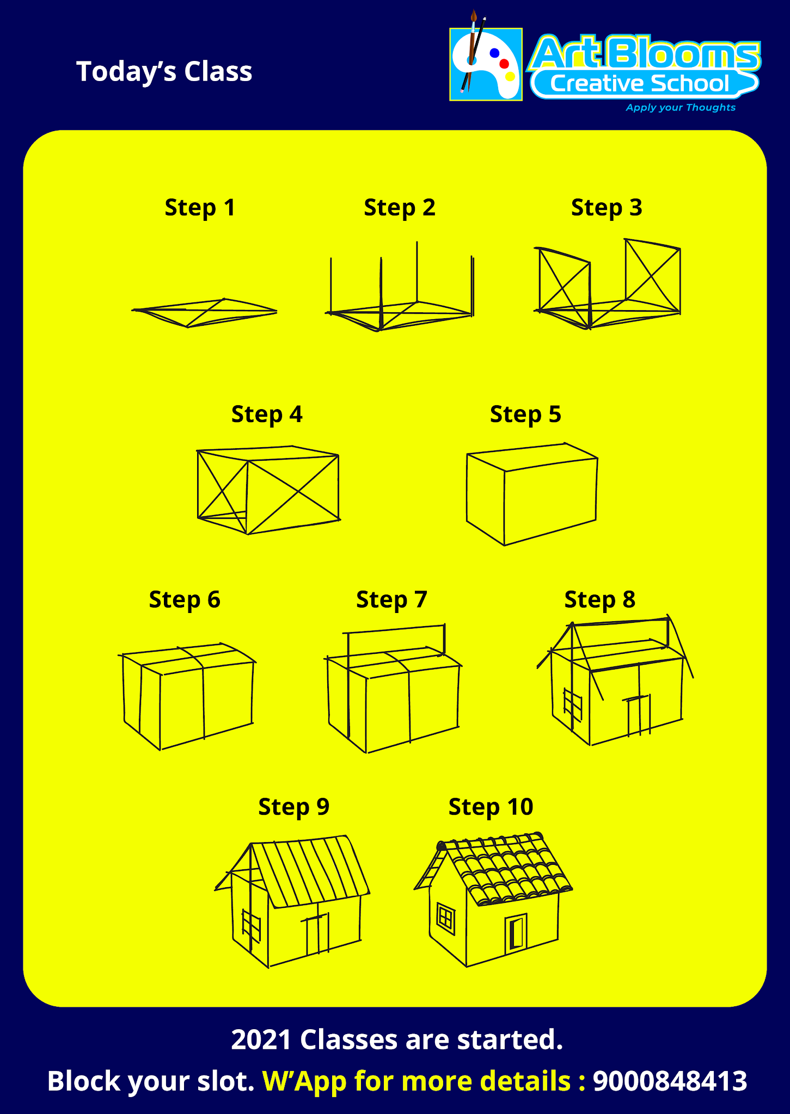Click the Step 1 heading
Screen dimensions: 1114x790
200,208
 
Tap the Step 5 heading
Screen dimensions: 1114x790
525,414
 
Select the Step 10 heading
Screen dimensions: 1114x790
491,807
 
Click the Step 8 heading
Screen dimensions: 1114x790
599,599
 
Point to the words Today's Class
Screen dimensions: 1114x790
164,72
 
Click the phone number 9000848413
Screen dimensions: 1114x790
670,1081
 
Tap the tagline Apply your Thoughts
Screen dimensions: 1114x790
680,108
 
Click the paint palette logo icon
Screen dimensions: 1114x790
486,64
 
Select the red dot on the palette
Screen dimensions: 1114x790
504,64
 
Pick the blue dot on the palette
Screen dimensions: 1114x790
494,53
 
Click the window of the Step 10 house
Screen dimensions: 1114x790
446,919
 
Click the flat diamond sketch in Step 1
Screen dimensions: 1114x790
204,313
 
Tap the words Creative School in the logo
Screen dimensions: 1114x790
639,83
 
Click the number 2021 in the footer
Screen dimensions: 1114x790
261,1040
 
